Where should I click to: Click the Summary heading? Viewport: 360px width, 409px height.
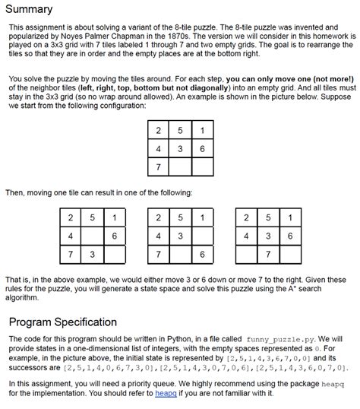[29, 9]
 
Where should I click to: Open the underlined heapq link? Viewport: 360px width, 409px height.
[166, 394]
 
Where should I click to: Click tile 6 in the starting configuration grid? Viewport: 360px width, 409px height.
[202, 149]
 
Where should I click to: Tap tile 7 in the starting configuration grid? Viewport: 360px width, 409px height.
[157, 166]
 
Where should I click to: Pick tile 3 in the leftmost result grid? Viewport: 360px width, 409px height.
[92, 253]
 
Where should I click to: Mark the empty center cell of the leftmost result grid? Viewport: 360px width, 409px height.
[92, 236]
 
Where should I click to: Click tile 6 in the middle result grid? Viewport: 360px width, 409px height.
[202, 253]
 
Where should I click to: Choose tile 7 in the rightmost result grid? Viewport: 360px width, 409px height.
[267, 253]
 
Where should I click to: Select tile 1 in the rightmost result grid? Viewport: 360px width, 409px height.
[289, 218]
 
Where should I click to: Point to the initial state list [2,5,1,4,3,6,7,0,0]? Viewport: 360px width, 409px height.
[269, 357]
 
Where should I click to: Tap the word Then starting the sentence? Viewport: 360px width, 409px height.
[17, 192]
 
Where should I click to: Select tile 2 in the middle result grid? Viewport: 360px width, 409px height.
[157, 218]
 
